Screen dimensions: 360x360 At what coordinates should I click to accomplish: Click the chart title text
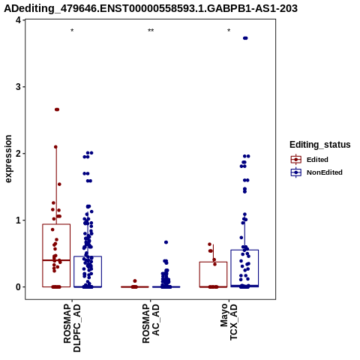pyautogui.click(x=151, y=8)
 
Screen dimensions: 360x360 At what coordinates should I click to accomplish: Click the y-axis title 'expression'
pyautogui.click(x=8, y=159)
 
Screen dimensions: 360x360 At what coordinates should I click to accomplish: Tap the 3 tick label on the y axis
pyautogui.click(x=18, y=87)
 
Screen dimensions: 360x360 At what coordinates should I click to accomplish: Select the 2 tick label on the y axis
pyautogui.click(x=18, y=154)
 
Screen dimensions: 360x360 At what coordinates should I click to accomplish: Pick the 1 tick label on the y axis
pyautogui.click(x=18, y=220)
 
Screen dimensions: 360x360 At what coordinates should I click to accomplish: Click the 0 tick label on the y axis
pyautogui.click(x=18, y=287)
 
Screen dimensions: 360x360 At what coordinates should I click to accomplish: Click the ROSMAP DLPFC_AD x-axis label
pyautogui.click(x=72, y=328)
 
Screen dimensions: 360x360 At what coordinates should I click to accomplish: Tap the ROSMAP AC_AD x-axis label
pyautogui.click(x=151, y=324)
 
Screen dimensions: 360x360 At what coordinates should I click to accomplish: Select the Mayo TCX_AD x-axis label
pyautogui.click(x=229, y=322)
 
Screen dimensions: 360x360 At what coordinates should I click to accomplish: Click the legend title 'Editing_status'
pyautogui.click(x=320, y=145)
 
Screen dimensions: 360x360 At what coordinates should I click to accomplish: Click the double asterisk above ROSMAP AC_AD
pyautogui.click(x=151, y=31)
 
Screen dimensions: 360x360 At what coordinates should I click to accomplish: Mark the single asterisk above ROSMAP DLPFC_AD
pyautogui.click(x=72, y=31)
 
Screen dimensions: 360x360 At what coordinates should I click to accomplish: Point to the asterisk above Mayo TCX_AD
pyautogui.click(x=229, y=31)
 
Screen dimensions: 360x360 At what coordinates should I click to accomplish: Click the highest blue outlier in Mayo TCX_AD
pyautogui.click(x=245, y=38)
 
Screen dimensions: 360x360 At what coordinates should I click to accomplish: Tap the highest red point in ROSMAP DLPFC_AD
pyautogui.click(x=57, y=109)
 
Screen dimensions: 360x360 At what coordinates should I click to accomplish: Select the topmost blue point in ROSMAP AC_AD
pyautogui.click(x=166, y=242)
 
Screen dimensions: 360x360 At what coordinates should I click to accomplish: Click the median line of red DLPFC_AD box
pyautogui.click(x=56, y=260)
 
